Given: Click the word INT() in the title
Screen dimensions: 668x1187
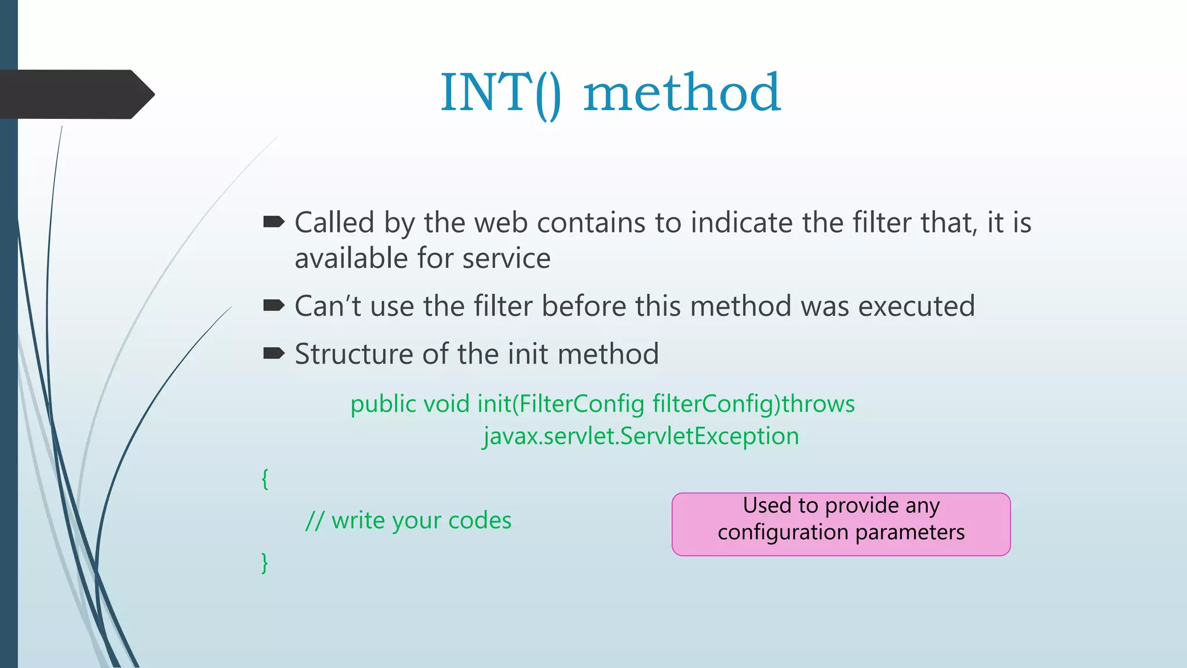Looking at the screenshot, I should [x=500, y=93].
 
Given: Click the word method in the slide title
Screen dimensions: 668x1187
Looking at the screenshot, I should [x=682, y=93].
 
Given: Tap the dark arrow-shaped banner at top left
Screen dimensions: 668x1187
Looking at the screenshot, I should [x=75, y=94].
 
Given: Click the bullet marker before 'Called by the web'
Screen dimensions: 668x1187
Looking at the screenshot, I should [x=274, y=222].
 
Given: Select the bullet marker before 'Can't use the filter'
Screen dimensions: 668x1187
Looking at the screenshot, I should [x=274, y=306].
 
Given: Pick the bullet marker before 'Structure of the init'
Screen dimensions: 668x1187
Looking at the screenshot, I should [x=274, y=353].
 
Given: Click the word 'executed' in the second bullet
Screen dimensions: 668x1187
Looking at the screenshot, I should [x=916, y=306].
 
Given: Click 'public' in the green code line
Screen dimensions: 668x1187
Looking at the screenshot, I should [x=383, y=404].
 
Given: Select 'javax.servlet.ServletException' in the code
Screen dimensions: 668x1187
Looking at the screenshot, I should [x=641, y=436].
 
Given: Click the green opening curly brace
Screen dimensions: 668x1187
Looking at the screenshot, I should [x=265, y=479].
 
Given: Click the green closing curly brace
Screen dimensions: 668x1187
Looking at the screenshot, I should [x=265, y=562].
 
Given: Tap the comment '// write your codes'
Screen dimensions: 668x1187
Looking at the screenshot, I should [x=409, y=521].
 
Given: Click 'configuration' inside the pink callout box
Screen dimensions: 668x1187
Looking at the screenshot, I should [x=782, y=532].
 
